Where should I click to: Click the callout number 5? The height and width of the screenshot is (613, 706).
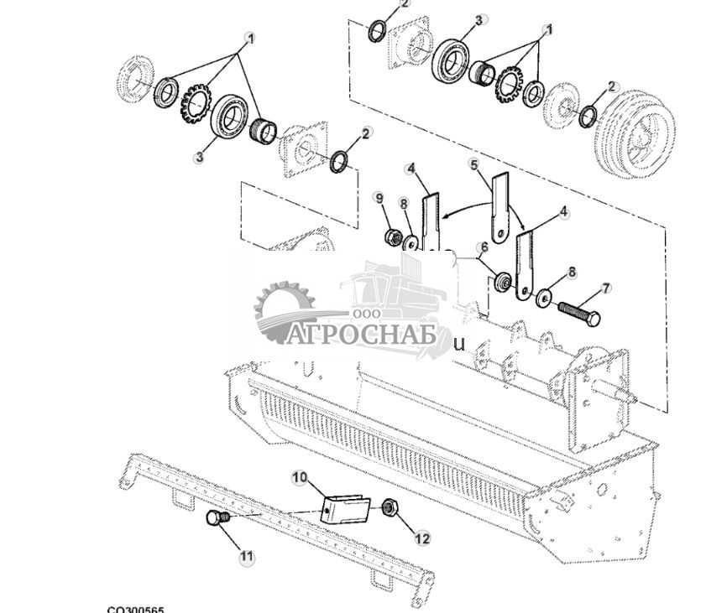(474, 164)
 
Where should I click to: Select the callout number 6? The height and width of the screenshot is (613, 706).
(484, 247)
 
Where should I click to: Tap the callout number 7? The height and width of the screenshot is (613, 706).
(606, 288)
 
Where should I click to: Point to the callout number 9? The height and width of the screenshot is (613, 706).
(379, 198)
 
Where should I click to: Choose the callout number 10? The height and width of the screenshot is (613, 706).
(300, 477)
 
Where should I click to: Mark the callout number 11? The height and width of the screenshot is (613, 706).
(246, 556)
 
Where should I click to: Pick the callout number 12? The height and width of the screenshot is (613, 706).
(421, 538)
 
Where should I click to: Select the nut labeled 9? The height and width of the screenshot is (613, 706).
(390, 238)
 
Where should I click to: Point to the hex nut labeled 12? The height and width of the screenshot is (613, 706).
(390, 507)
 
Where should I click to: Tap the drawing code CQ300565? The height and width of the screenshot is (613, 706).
(136, 610)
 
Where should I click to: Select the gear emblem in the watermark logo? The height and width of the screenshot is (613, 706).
(282, 311)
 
